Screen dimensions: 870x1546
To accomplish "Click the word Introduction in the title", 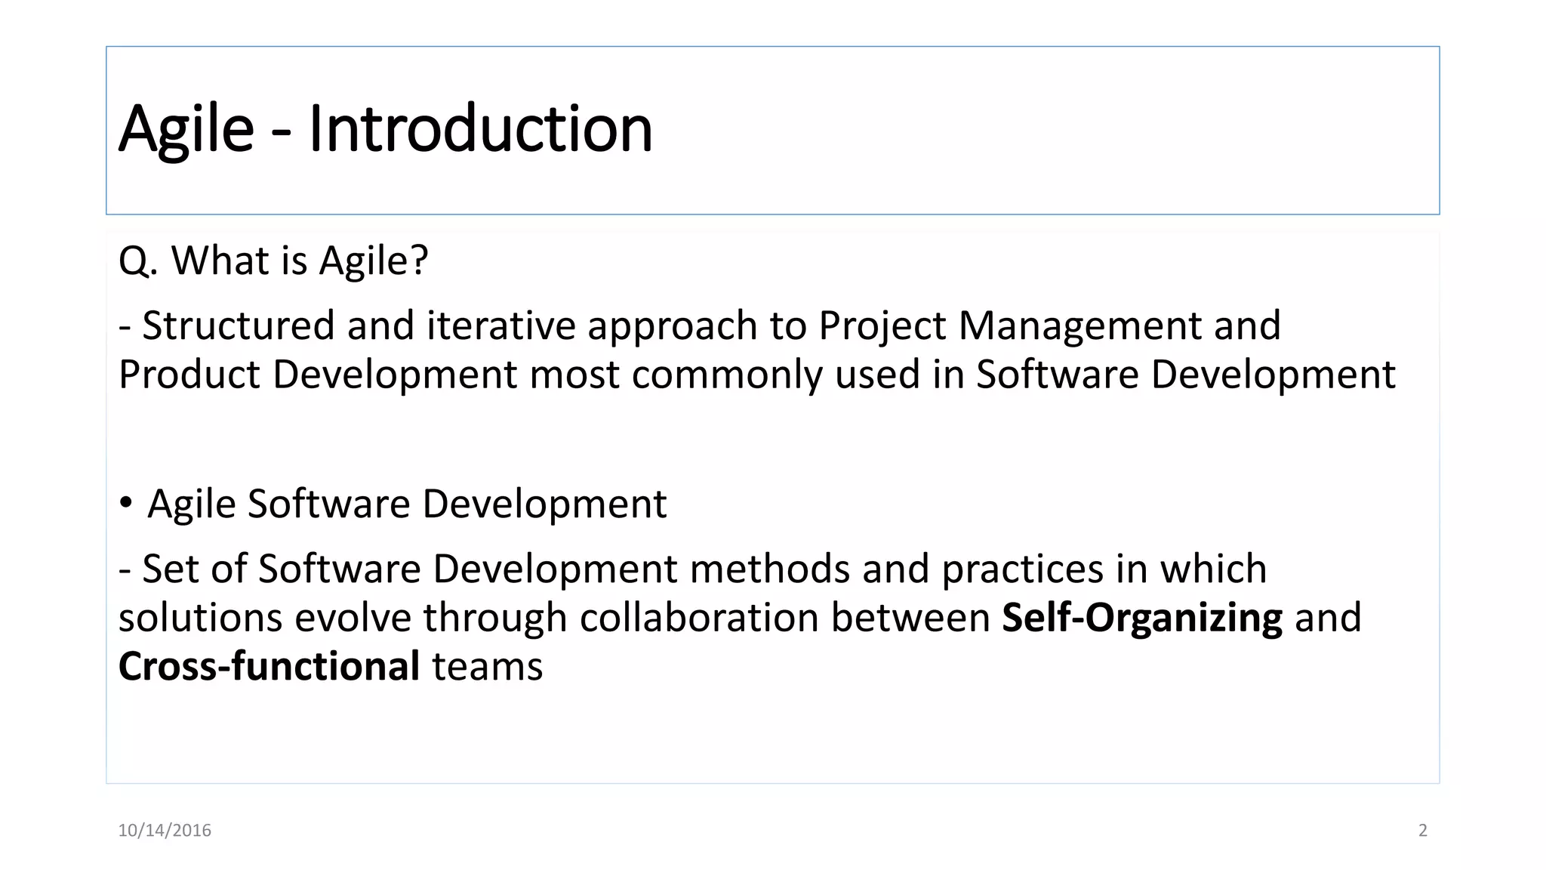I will coord(480,129).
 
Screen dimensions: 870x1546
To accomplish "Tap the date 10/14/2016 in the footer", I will coord(165,831).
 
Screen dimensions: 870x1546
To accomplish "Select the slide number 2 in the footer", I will coord(1423,831).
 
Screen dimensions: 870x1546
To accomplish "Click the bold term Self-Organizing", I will coord(1141,619).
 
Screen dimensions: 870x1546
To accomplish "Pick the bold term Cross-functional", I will coord(269,667).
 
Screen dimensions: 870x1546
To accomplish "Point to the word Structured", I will coord(239,326).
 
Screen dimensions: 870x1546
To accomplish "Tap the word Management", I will coord(1079,326).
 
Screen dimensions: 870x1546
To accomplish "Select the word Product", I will coord(189,375).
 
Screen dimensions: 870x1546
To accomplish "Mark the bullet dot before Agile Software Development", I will coord(126,502).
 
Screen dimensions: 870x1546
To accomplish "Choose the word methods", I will coord(769,569).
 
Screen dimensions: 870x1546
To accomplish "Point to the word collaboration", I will coord(699,618).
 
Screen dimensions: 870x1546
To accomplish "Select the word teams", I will coord(487,667).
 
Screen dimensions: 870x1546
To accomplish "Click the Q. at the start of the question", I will coord(137,261).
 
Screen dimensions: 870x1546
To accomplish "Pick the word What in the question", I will coord(220,261).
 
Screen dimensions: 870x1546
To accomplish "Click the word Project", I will coord(882,326).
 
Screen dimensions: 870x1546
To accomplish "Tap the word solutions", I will coord(200,618).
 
